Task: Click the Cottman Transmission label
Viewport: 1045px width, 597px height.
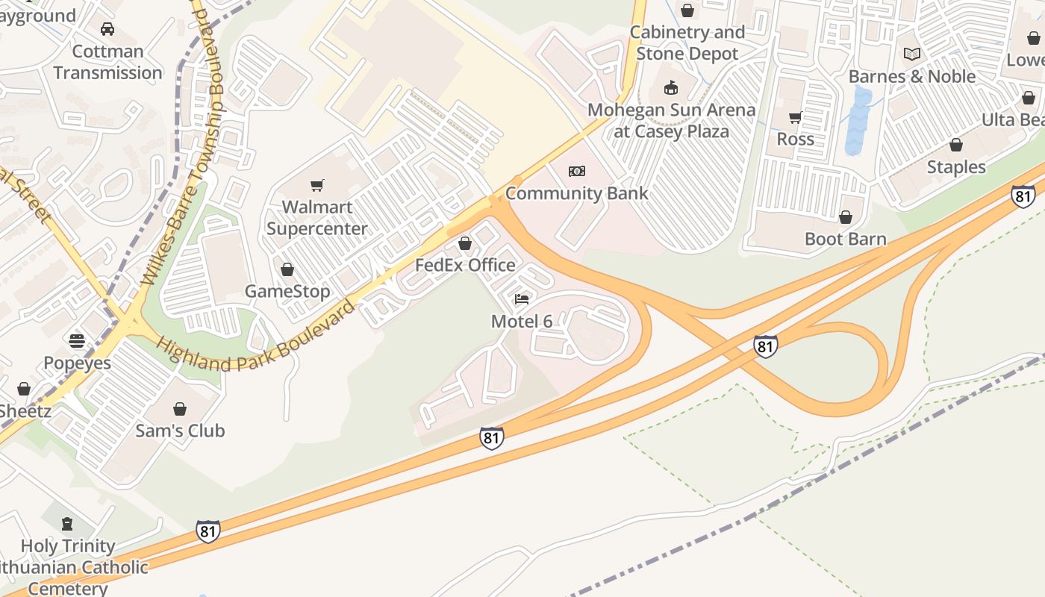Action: coord(107,62)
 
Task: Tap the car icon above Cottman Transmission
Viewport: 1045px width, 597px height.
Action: coord(107,29)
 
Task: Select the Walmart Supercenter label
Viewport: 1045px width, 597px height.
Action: coord(317,218)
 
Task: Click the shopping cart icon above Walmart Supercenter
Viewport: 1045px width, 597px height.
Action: coord(317,185)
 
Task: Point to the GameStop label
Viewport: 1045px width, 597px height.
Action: coord(287,291)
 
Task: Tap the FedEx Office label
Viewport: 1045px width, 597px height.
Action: coord(465,265)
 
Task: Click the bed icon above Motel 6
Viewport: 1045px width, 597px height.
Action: coord(522,299)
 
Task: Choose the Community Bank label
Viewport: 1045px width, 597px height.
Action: coord(577,193)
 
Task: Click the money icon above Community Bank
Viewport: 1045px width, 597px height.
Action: coord(577,172)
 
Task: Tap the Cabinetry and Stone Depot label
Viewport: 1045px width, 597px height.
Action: coord(687,43)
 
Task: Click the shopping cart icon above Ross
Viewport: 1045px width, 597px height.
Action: coord(796,117)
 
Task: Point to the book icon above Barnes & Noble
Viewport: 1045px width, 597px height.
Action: coord(912,54)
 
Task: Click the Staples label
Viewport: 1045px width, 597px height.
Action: coord(956,166)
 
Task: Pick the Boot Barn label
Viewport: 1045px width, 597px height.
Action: coord(846,239)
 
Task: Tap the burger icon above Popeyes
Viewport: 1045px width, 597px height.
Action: coord(77,341)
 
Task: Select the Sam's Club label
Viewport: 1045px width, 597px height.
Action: coord(180,431)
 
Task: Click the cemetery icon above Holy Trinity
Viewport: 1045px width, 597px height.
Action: coord(67,523)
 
